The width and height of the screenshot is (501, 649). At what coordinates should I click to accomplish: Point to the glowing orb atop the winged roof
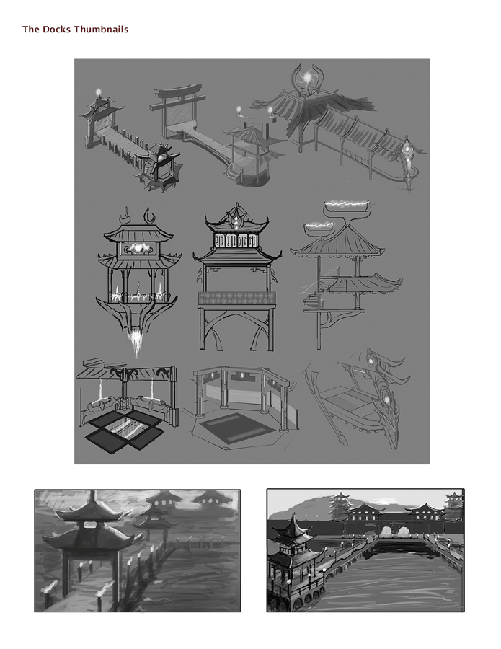[x=309, y=75]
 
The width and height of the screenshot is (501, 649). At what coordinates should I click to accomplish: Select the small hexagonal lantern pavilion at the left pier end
[x=160, y=166]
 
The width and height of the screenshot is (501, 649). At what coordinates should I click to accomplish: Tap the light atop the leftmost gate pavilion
[x=99, y=93]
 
